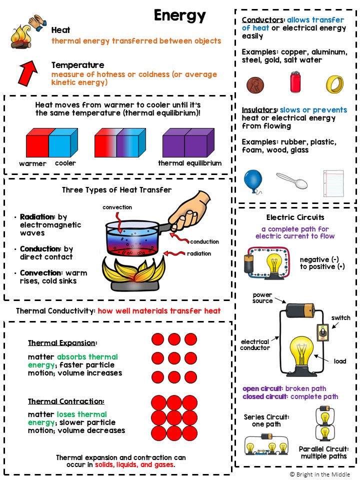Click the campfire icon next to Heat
pos(21,36)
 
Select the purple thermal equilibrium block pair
pos(185,143)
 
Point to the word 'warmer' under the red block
pos(32,163)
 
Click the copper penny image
pos(255,84)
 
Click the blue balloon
pos(253,180)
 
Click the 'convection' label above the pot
pos(117,207)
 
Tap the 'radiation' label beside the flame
pos(198,253)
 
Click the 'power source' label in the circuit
pos(262,298)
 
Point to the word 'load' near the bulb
pos(340,361)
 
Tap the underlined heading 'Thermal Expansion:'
pos(62,343)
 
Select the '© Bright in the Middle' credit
pos(319,474)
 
